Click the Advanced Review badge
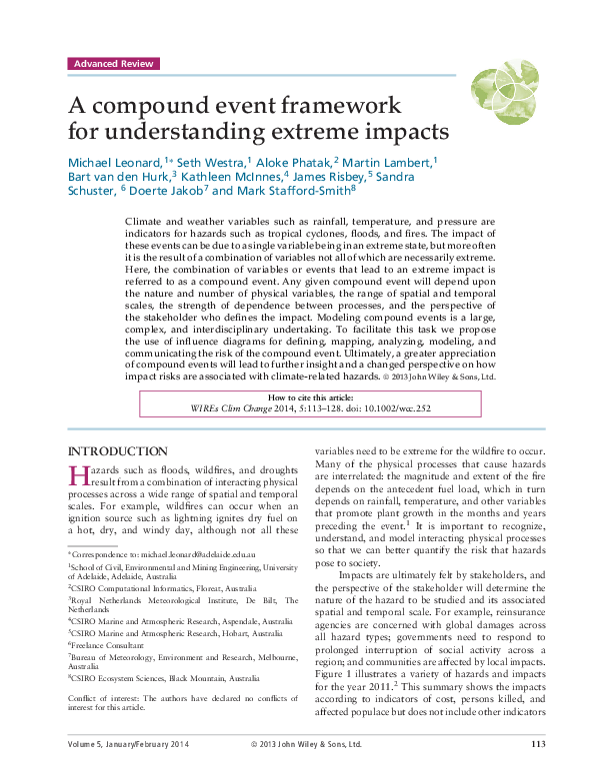coord(113,64)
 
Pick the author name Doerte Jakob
coord(168,191)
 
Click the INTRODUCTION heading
coord(116,451)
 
